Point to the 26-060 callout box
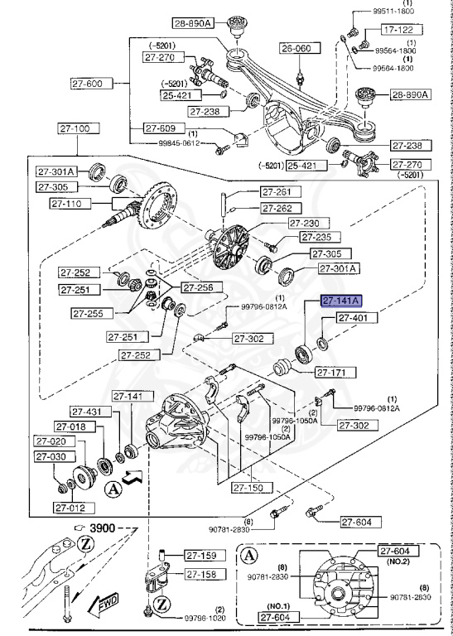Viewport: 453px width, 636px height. [x=297, y=48]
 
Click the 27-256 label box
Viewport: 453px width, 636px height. [x=199, y=288]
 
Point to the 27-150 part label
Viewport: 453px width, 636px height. [x=251, y=488]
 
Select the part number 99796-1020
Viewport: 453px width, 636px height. [x=205, y=618]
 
